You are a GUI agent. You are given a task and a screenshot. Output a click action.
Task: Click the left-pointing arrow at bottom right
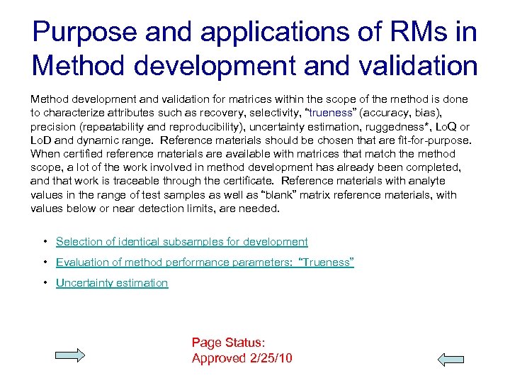450,360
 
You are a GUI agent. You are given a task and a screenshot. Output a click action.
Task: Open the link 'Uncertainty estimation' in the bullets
112,283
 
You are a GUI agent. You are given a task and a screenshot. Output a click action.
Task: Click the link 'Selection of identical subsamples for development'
181,242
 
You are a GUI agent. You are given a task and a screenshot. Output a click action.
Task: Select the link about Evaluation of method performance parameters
205,262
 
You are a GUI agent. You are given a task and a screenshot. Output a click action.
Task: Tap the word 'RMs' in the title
411,33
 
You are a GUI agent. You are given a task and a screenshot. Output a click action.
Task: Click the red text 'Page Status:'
228,343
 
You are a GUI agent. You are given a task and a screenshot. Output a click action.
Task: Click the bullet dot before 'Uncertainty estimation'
45,283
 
